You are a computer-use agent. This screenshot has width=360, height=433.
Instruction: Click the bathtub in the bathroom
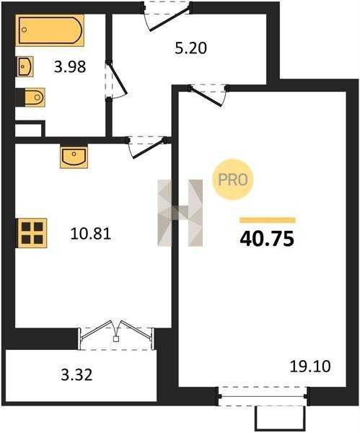coord(50,30)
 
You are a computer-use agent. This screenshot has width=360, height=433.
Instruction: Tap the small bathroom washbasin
coord(25,66)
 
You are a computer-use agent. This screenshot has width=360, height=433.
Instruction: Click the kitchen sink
coord(74,157)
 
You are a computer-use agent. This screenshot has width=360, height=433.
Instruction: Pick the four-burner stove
coord(32,233)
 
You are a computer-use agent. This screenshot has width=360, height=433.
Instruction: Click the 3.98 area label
coord(70,67)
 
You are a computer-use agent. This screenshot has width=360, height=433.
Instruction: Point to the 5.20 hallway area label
coord(191,48)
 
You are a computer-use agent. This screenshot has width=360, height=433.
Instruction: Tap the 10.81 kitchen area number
coord(91,234)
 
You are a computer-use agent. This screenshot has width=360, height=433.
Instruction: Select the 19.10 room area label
coord(310,367)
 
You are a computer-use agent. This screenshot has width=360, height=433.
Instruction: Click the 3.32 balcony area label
coord(76,375)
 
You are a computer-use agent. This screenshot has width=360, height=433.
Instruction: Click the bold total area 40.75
coord(267,239)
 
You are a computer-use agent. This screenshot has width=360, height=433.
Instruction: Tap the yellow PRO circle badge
coord(233,180)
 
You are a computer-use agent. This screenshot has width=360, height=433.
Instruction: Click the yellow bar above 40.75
coord(268,220)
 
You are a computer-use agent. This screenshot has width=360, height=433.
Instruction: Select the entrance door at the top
coord(167,16)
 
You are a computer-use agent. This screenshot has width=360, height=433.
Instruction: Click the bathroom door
coord(116,80)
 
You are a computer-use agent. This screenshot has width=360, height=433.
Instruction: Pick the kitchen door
coord(147,147)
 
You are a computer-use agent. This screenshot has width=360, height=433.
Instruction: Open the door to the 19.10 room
coord(208,95)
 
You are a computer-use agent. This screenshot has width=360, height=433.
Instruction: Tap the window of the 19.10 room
coord(263,396)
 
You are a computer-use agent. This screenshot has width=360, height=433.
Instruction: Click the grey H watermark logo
coord(180,213)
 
